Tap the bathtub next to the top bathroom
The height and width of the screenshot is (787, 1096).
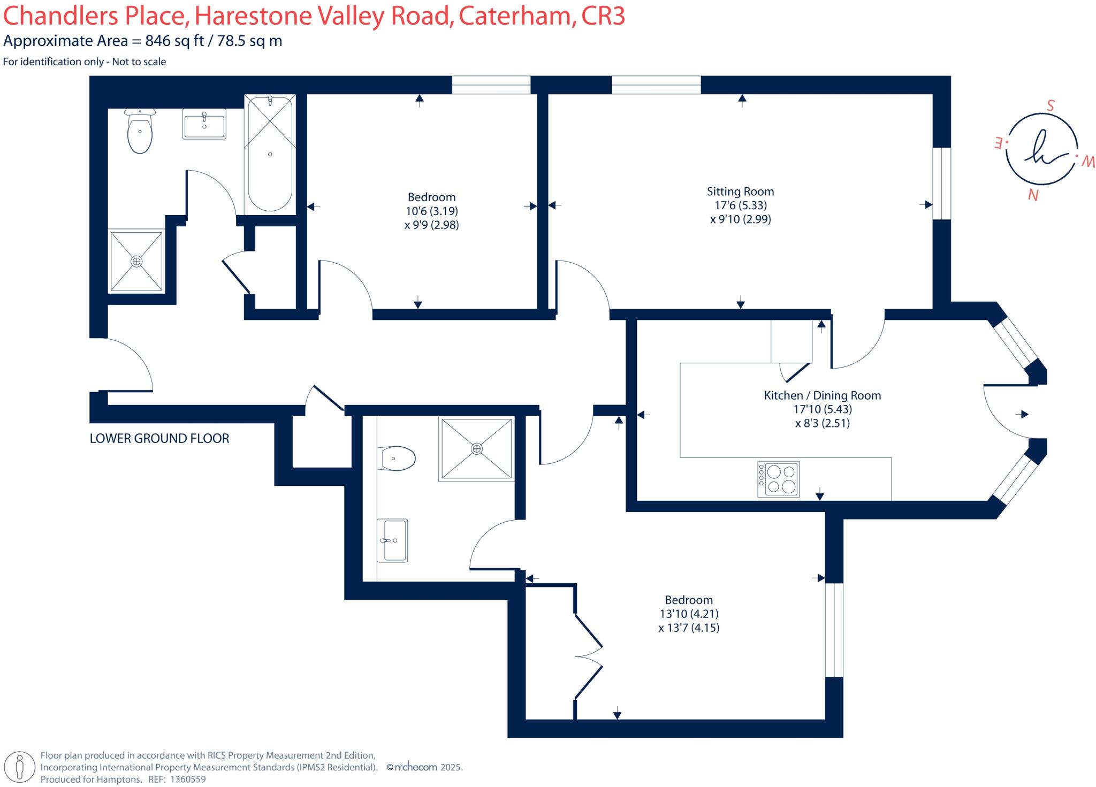click(x=270, y=154)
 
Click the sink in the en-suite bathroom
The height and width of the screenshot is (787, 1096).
click(x=392, y=540)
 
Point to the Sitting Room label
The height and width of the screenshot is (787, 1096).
click(x=740, y=192)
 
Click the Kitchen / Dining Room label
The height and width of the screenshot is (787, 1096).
click(x=822, y=395)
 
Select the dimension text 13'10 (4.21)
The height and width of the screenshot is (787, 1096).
click(x=689, y=614)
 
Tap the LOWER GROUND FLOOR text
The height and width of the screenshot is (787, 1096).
click(x=159, y=439)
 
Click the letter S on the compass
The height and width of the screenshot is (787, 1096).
click(x=1051, y=106)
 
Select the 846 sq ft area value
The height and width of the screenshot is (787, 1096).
click(x=174, y=41)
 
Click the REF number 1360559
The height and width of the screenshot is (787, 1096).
click(x=187, y=780)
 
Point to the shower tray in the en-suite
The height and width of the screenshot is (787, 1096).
click(x=476, y=448)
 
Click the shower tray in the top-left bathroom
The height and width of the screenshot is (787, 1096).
click(x=136, y=261)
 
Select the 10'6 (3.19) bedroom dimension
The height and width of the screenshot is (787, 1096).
click(x=431, y=211)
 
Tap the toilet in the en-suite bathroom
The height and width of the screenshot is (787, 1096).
click(x=397, y=459)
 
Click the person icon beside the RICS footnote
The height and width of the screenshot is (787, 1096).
click(x=20, y=767)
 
